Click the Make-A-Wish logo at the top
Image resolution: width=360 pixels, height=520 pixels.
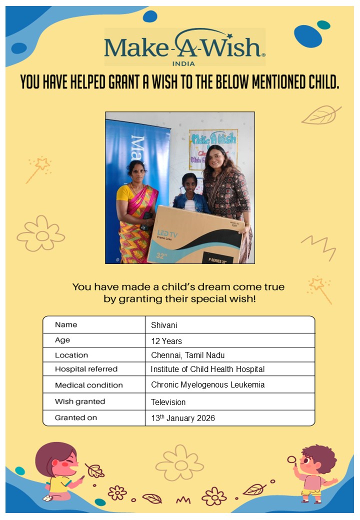(184, 47)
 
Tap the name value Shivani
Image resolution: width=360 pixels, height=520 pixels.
(164, 325)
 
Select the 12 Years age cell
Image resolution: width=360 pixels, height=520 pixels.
(166, 341)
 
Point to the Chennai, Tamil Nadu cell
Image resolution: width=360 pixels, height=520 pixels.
(187, 355)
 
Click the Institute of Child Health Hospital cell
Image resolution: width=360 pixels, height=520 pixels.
(207, 369)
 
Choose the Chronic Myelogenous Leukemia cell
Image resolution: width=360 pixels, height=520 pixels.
(207, 385)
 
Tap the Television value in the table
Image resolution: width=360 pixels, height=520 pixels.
(168, 402)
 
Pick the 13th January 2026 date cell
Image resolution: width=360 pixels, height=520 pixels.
(183, 418)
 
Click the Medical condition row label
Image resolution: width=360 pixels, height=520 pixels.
(88, 385)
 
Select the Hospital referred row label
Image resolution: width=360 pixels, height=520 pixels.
(86, 369)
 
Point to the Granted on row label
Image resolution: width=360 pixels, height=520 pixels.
(76, 417)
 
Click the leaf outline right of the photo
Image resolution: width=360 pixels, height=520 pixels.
(320, 115)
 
